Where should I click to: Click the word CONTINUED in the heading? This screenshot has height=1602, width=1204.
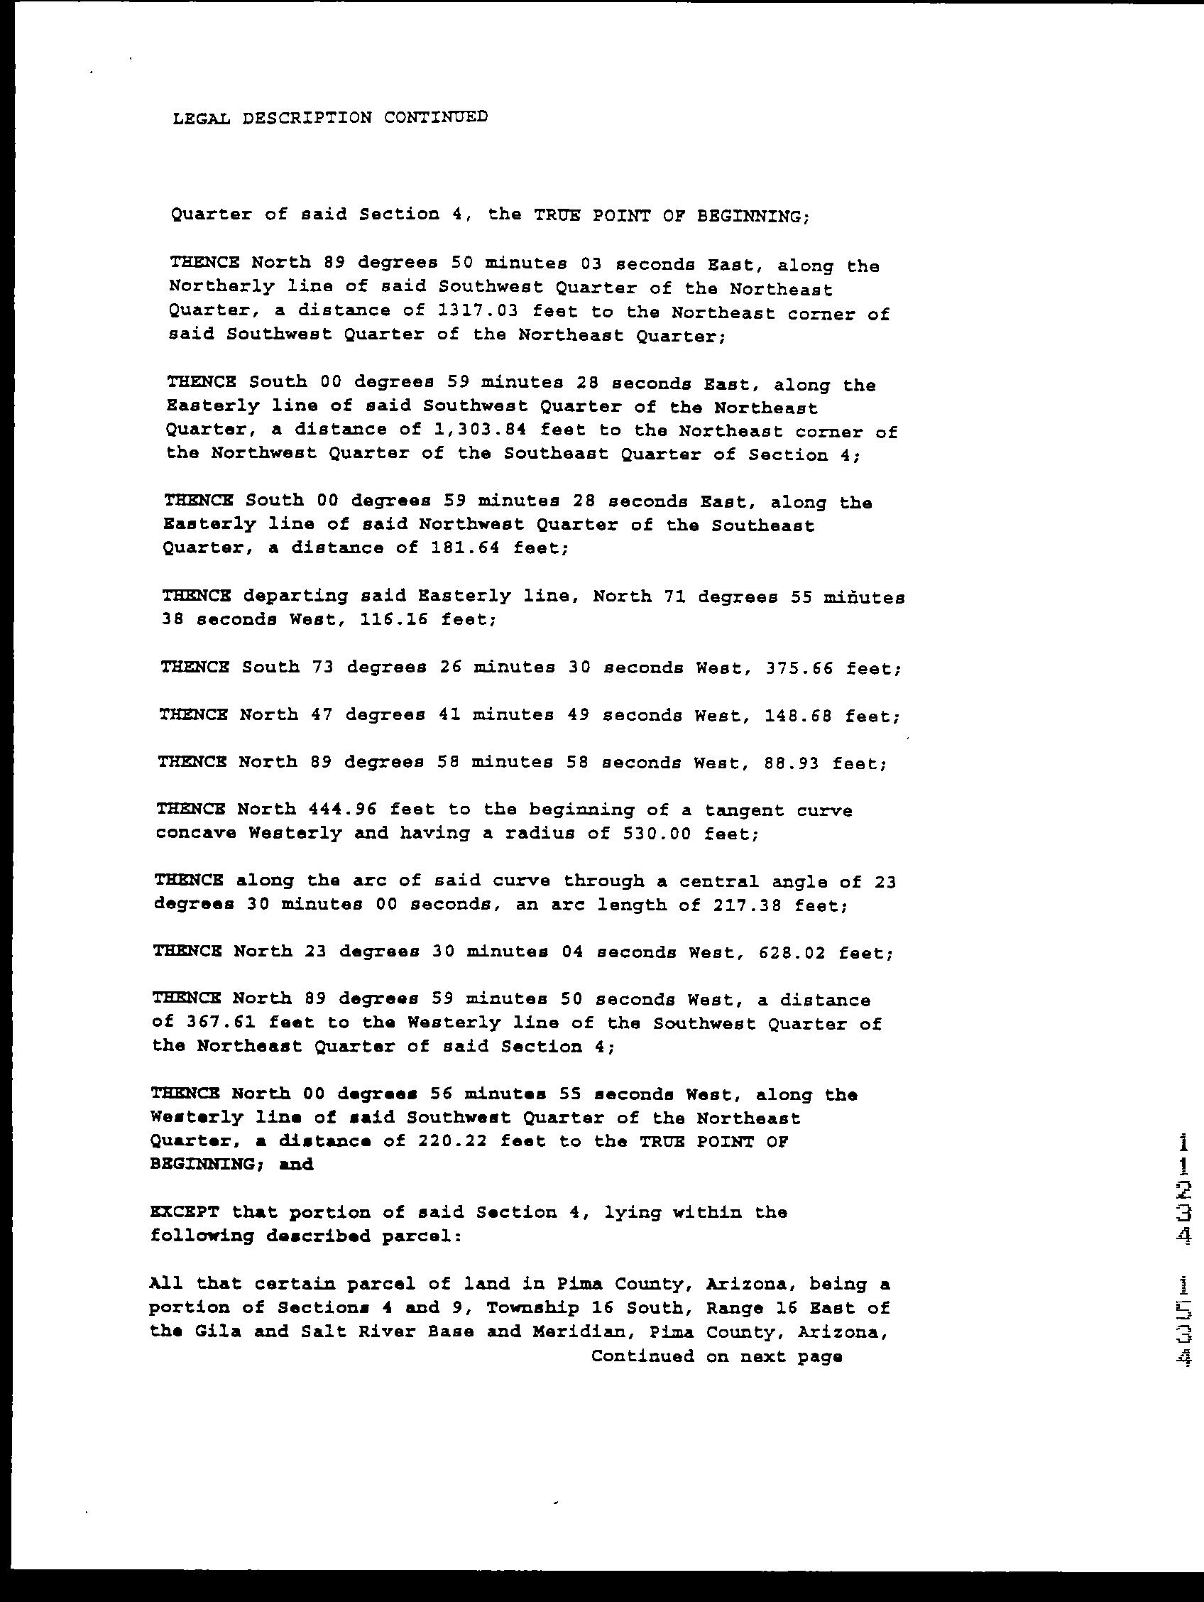click(x=435, y=116)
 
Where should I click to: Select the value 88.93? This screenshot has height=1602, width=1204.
click(x=791, y=763)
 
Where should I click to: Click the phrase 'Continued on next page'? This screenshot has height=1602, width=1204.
click(x=716, y=1356)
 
